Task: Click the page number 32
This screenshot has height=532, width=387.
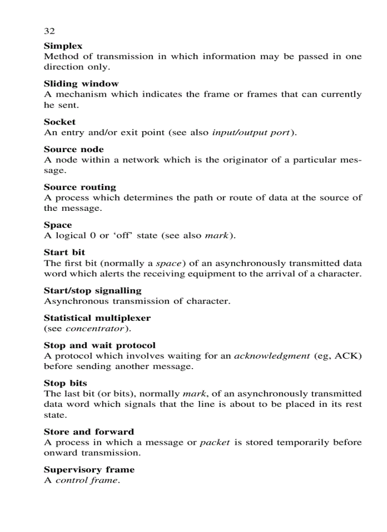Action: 49,31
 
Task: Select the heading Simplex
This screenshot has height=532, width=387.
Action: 63,46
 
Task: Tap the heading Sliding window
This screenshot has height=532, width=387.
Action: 81,84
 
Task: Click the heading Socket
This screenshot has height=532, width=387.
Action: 60,122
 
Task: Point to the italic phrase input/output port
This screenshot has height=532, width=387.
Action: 250,133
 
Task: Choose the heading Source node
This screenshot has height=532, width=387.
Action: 74,149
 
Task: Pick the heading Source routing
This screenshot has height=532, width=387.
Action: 80,187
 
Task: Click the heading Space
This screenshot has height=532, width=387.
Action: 58,225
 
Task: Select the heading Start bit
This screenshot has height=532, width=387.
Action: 64,252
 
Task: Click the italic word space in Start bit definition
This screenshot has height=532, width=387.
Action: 169,263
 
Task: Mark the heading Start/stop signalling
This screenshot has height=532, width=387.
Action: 92,290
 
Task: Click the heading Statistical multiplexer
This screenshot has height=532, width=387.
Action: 97,318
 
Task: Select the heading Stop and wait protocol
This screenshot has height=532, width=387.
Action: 100,345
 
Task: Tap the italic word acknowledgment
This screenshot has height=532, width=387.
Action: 272,356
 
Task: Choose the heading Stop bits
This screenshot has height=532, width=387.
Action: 65,383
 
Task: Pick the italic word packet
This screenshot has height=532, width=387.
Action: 214,442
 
